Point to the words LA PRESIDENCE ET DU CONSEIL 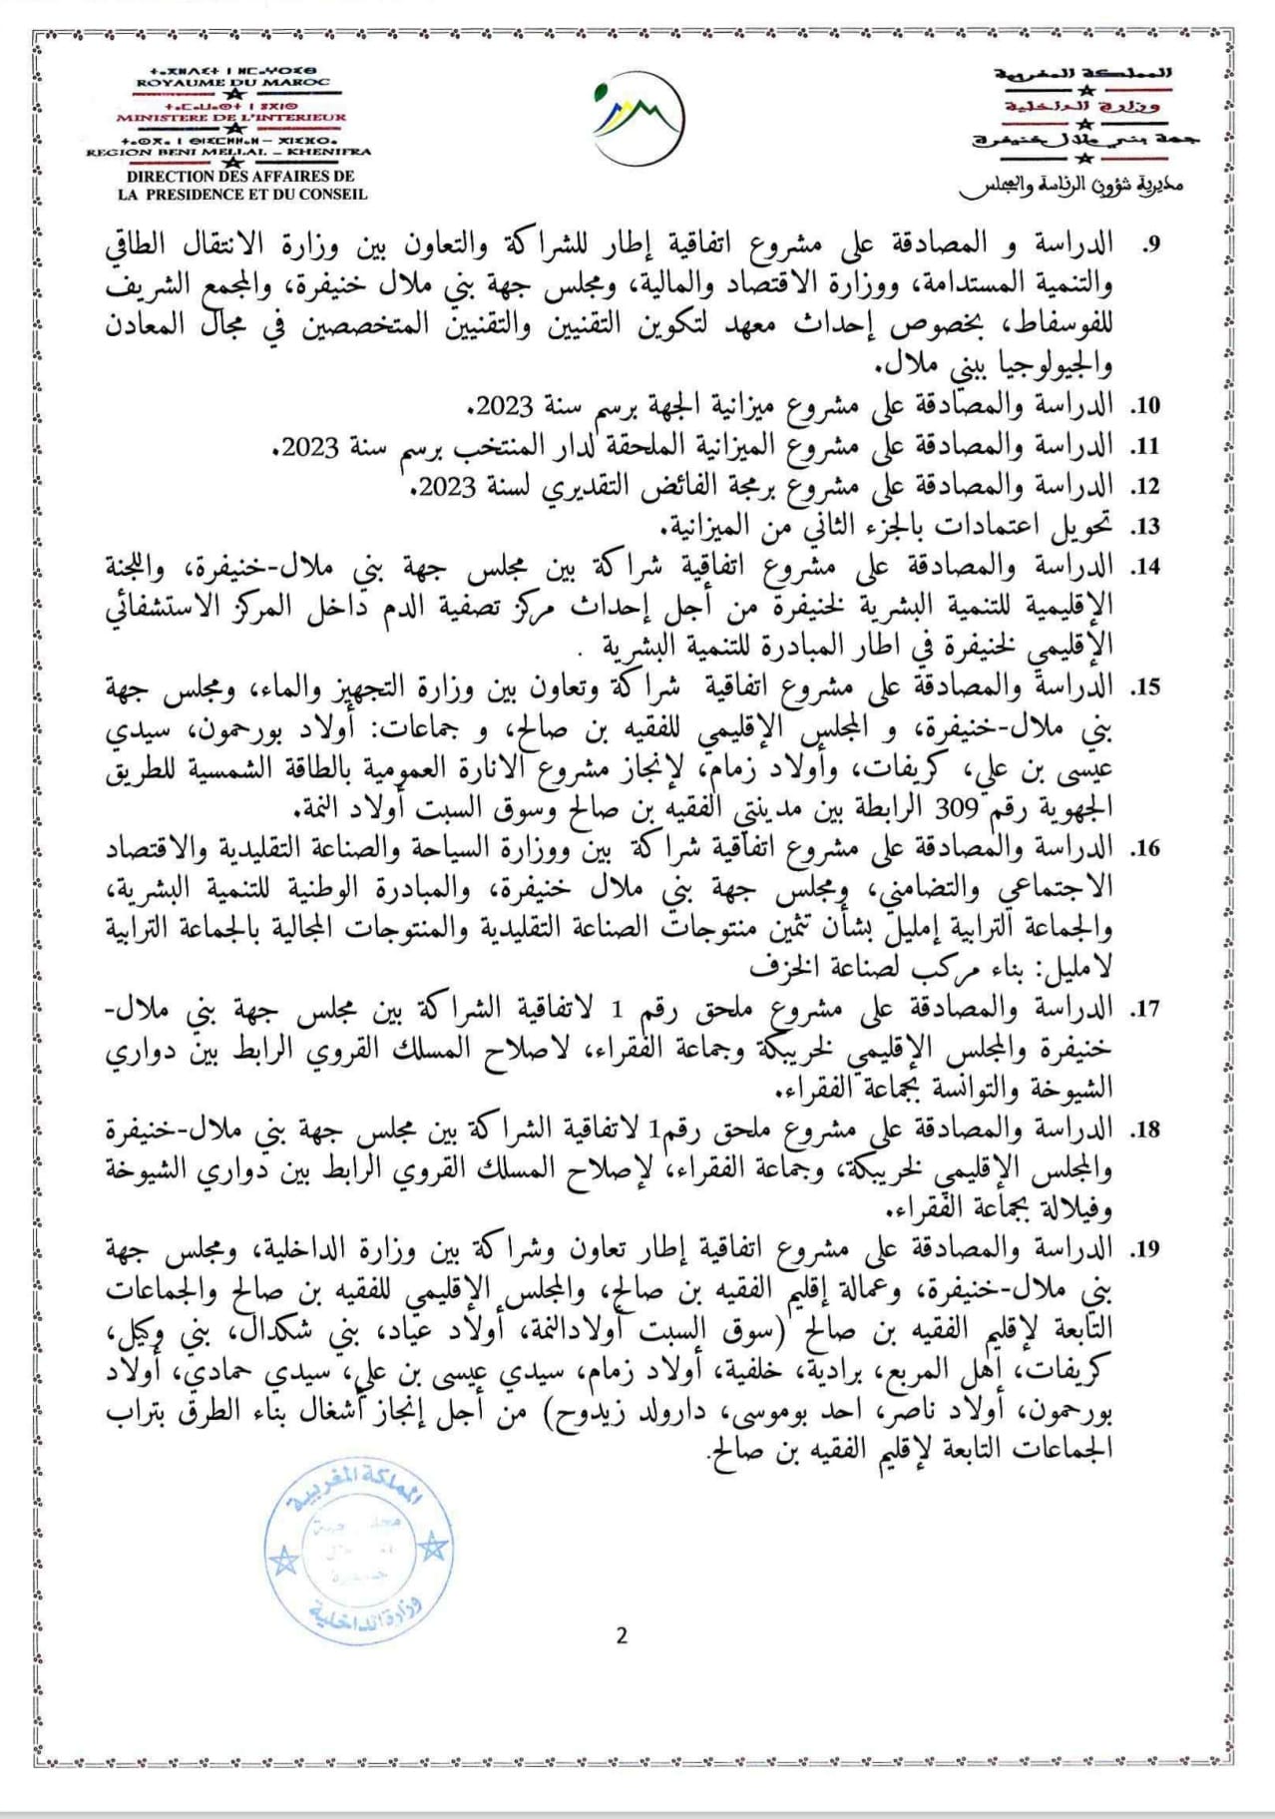pyautogui.click(x=242, y=195)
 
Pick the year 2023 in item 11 pyautogui.click(x=311, y=447)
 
